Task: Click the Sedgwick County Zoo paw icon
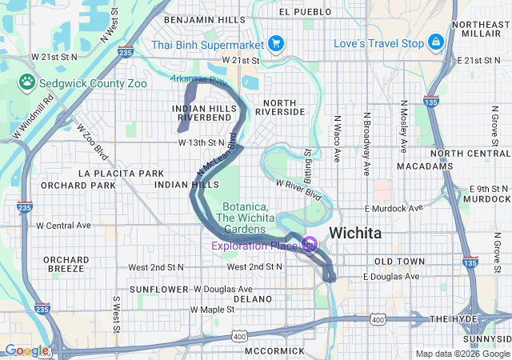point(28,81)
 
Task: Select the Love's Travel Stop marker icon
point(436,42)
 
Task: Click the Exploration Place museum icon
point(310,245)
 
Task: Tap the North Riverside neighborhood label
point(280,107)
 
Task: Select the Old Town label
point(400,262)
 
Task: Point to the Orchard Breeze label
point(66,264)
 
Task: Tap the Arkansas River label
point(199,80)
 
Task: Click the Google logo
point(26,350)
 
